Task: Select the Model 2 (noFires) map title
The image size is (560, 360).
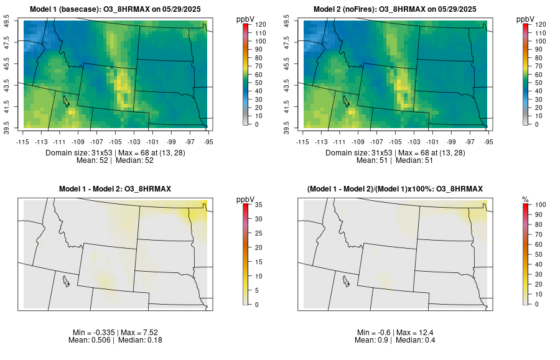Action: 395,9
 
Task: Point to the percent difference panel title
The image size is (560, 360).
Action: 395,188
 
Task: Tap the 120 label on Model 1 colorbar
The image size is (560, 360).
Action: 261,25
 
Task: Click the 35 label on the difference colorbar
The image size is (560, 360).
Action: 259,205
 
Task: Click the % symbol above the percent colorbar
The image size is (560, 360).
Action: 525,199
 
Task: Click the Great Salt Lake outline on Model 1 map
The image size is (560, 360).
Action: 65,100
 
